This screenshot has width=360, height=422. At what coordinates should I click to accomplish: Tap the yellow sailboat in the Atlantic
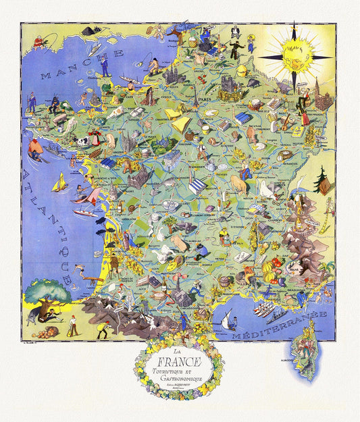61,183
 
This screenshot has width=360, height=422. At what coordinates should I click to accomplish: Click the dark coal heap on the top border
92,31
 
